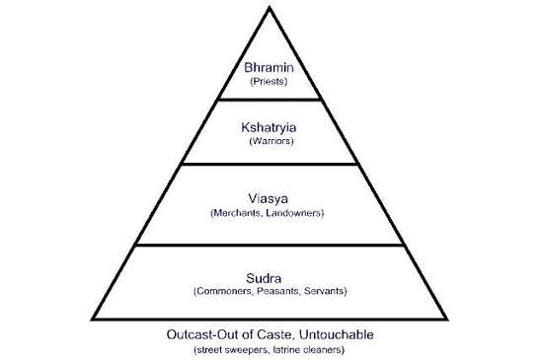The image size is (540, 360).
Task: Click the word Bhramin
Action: coord(270,67)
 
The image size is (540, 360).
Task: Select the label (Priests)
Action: coord(270,82)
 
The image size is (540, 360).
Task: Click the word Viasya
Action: coord(270,196)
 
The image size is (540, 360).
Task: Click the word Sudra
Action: coord(270,276)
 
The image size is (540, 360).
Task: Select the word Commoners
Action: coord(224,292)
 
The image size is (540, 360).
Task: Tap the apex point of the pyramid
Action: coord(270,7)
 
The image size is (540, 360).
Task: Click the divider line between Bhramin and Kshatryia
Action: coord(270,100)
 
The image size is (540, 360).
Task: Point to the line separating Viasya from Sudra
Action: coord(270,246)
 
